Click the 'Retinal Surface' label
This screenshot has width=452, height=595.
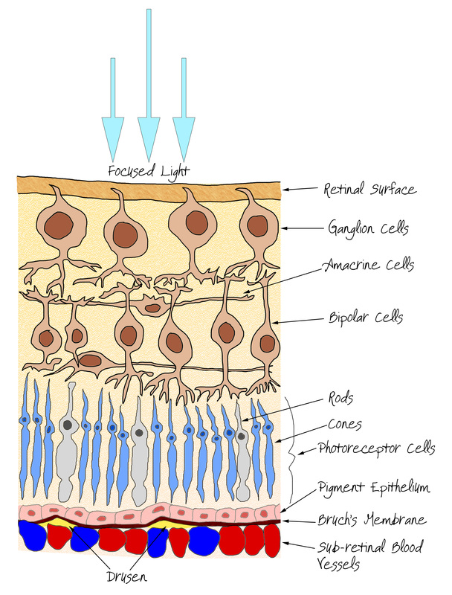[x=369, y=189]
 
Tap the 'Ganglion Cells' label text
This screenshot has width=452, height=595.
[x=368, y=228]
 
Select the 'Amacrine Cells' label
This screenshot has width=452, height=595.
[x=369, y=265]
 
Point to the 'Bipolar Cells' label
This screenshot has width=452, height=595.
[x=366, y=317]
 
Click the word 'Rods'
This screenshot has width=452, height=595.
[x=340, y=398]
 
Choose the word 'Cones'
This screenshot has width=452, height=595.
[x=345, y=424]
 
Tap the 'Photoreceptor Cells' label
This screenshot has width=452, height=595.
[x=376, y=448]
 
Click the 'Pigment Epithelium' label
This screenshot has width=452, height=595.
[x=374, y=487]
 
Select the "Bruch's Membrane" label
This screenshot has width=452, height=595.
[x=372, y=519]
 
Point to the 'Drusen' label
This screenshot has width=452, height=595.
[x=126, y=577]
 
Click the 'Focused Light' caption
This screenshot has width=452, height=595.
[x=148, y=171]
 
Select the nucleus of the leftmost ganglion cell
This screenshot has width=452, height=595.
[x=59, y=225]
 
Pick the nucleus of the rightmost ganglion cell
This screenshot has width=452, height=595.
[x=257, y=226]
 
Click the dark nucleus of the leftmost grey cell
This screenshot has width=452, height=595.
[x=68, y=425]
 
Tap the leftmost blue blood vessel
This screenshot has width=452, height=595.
[x=33, y=535]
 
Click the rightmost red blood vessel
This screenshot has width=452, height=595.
[x=271, y=541]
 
